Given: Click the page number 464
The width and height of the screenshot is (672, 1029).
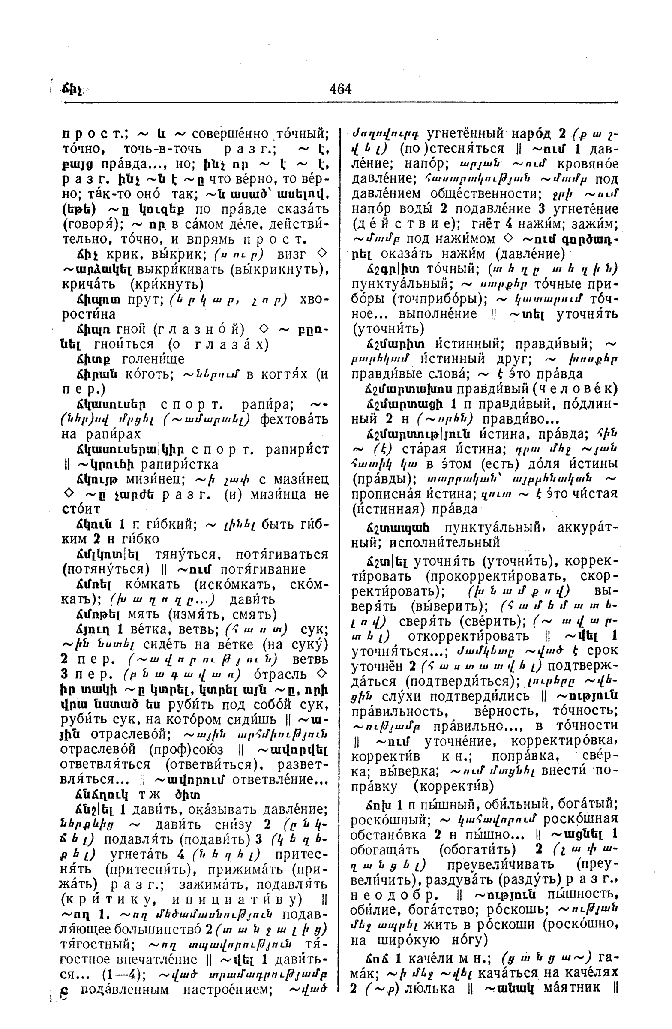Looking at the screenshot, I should click(x=341, y=89).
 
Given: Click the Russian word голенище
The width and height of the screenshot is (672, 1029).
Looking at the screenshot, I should click(x=153, y=359).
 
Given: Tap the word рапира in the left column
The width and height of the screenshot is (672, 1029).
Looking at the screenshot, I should click(x=268, y=405).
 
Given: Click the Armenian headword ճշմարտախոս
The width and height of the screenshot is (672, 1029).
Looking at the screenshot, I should click(x=410, y=389).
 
